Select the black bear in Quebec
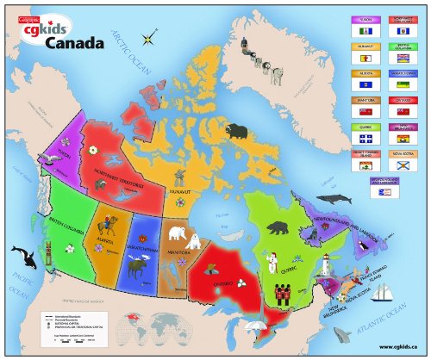tap(278, 228)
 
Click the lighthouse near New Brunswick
tap(328, 270)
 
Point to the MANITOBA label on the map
tap(180, 254)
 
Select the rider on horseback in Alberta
tap(109, 227)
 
